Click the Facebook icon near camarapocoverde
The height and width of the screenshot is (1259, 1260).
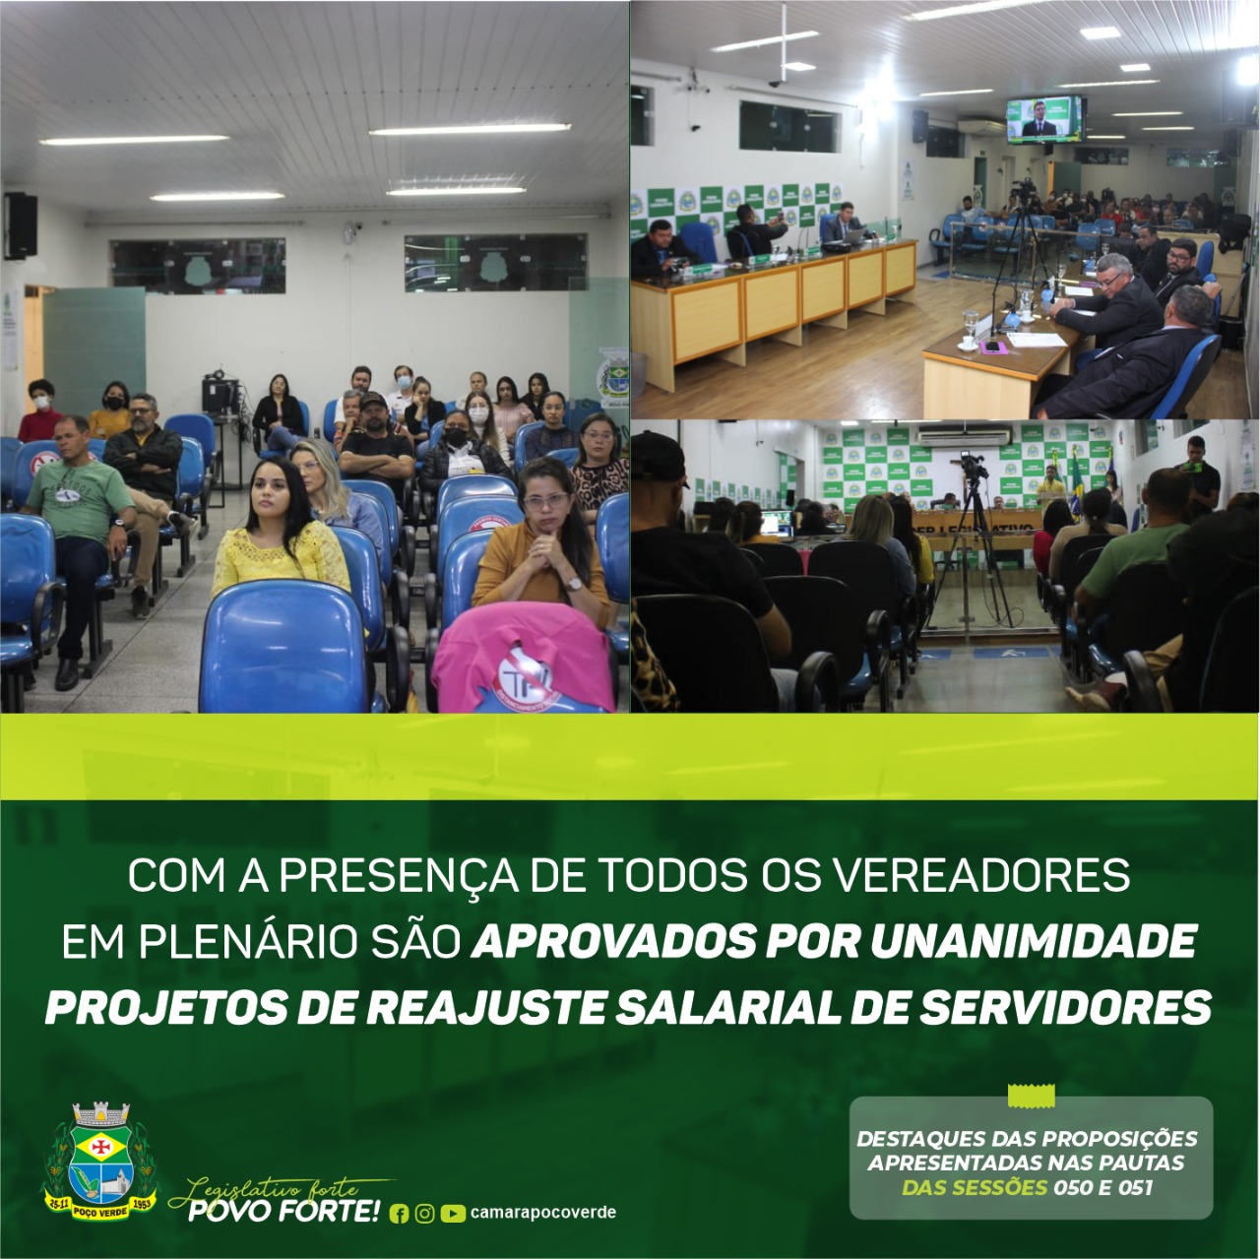point(399,1214)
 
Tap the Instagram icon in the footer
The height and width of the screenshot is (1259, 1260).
point(425,1214)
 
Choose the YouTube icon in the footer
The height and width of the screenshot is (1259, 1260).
point(453,1214)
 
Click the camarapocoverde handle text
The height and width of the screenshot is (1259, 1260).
point(543,1213)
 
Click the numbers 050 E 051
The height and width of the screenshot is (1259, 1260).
point(1102,1187)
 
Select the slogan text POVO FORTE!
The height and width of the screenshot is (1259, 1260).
point(283,1211)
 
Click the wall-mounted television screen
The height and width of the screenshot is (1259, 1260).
point(1044,118)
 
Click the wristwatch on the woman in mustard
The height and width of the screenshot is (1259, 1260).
point(574,584)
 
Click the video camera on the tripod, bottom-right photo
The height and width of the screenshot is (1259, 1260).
point(973,468)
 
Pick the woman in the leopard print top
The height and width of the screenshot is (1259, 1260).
point(598,465)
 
